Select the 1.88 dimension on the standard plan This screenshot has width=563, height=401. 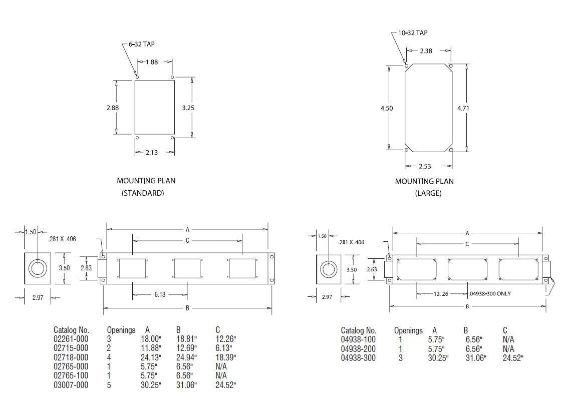[x=152, y=62]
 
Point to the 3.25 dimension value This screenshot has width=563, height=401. [x=188, y=107]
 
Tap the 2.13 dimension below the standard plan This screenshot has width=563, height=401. [x=151, y=152]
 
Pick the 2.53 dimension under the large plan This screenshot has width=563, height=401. [x=424, y=166]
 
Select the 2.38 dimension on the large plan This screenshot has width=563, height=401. [x=426, y=51]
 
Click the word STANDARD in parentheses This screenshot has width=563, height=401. [x=143, y=193]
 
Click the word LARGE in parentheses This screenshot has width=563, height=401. [x=428, y=193]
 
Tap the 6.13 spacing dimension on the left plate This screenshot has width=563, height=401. [x=159, y=294]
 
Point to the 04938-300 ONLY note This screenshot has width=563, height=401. [x=490, y=293]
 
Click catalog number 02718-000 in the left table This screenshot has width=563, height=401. [x=71, y=357]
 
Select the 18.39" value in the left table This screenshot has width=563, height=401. [x=225, y=357]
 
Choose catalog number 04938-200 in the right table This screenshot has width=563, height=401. [x=358, y=348]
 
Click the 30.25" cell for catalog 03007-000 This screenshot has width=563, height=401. [x=151, y=384]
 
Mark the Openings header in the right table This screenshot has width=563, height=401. [x=408, y=330]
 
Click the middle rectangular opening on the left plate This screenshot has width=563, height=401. [x=187, y=269]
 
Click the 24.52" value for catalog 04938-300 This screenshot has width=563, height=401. [x=513, y=358]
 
